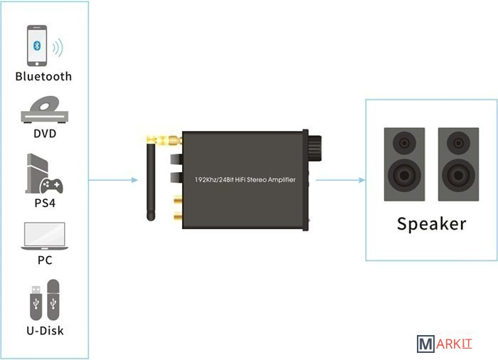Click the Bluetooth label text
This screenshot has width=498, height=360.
click(x=43, y=76)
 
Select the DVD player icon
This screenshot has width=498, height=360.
click(x=44, y=108)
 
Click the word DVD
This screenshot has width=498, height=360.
click(x=44, y=133)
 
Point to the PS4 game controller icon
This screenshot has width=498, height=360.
click(x=51, y=185)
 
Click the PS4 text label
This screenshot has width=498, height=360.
click(x=44, y=203)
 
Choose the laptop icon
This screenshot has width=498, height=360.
click(x=44, y=235)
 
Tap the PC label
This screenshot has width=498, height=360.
click(x=44, y=260)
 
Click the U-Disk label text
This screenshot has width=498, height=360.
click(x=44, y=330)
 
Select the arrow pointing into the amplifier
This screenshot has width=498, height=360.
click(x=114, y=179)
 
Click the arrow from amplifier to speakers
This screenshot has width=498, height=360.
click(x=337, y=179)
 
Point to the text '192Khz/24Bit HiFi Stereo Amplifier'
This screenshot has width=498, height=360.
click(x=245, y=180)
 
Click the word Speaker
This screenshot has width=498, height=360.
click(x=431, y=223)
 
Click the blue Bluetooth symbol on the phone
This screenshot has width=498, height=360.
click(x=37, y=45)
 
